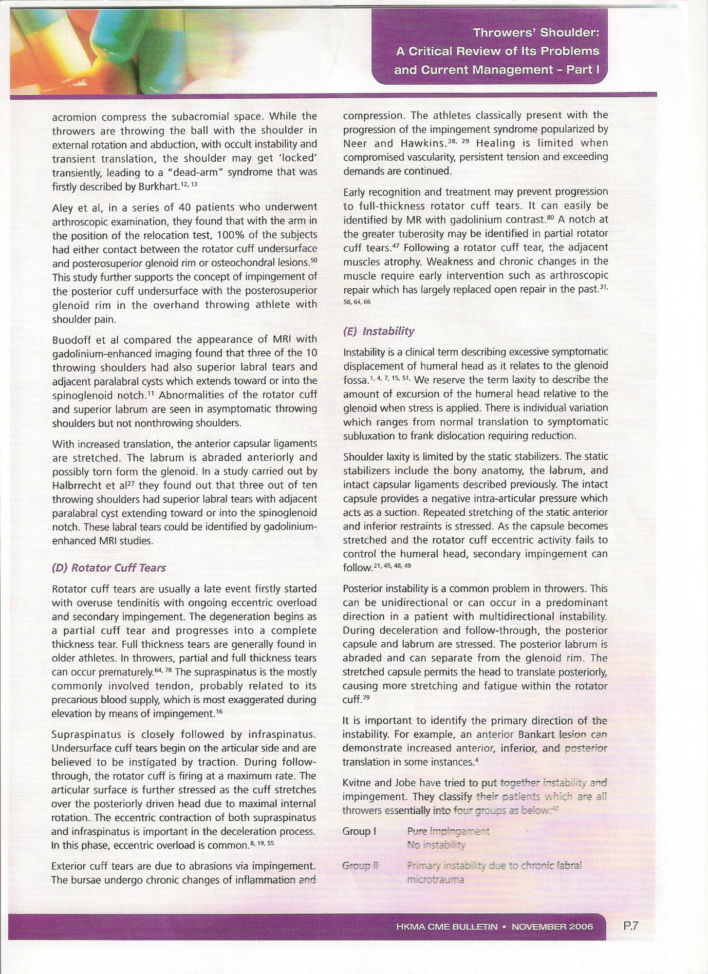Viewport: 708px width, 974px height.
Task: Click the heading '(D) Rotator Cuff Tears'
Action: [x=109, y=568]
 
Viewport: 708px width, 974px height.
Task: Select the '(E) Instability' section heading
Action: [x=378, y=331]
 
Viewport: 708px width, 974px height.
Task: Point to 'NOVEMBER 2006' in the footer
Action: [x=553, y=926]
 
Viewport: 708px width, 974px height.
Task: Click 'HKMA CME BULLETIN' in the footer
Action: [x=447, y=926]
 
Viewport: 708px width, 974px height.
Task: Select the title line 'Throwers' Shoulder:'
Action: [x=536, y=33]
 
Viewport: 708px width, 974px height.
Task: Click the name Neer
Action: [x=354, y=144]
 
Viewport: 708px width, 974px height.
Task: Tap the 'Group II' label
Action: [x=360, y=865]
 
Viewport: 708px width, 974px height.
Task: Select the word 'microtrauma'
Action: [x=435, y=880]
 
